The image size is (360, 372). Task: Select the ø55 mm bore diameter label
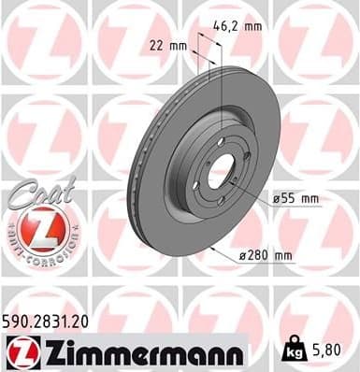[x=296, y=199]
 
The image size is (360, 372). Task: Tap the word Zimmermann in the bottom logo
[x=139, y=351]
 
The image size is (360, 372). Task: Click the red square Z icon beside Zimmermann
[x=20, y=351]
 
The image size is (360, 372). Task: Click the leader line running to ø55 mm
[x=251, y=191]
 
